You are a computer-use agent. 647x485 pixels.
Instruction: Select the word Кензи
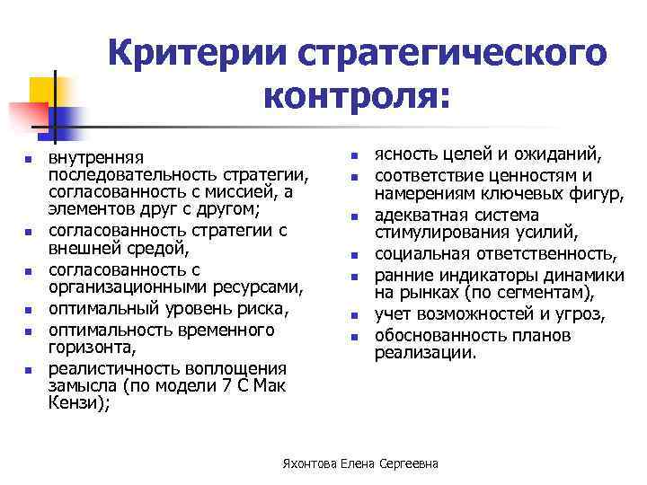click(74, 403)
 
